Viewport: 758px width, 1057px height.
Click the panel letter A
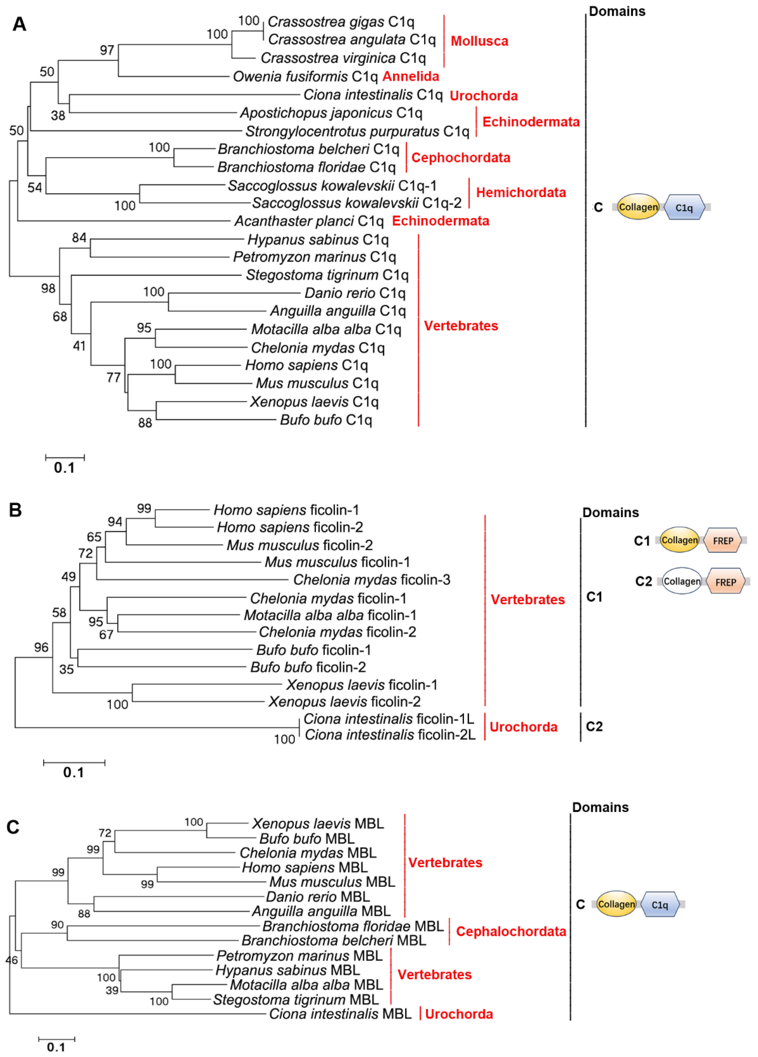point(19,24)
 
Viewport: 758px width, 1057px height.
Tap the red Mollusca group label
point(479,41)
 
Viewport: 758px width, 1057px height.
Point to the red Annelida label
point(411,76)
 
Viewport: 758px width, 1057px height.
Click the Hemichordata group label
point(520,193)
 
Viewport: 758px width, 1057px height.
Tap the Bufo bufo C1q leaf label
point(326,420)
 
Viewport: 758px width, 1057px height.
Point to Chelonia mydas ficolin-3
point(371,580)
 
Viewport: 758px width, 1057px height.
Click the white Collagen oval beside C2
point(681,581)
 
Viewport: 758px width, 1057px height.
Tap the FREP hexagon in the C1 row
point(723,541)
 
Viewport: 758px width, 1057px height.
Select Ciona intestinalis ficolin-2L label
point(390,735)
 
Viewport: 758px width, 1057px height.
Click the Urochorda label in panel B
point(523,727)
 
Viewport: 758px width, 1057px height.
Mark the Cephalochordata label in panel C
point(511,931)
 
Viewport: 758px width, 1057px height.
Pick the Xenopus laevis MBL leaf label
point(318,823)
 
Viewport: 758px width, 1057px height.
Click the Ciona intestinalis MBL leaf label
point(340,1014)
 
